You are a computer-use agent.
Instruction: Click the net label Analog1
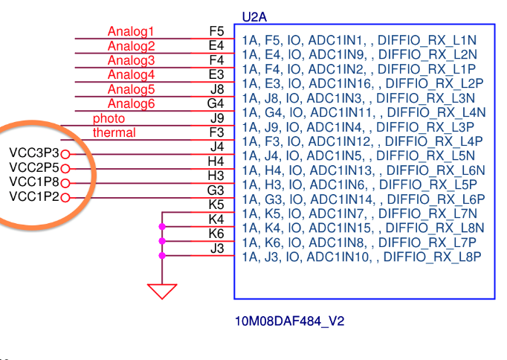click(x=131, y=31)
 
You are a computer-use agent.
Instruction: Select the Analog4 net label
click(x=131, y=74)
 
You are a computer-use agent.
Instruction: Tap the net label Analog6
click(x=131, y=103)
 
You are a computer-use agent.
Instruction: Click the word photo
click(x=109, y=118)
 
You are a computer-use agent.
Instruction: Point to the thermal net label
click(x=114, y=132)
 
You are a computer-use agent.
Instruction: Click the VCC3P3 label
click(x=34, y=153)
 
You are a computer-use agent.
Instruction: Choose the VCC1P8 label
click(x=34, y=182)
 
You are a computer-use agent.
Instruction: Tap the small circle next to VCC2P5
click(x=65, y=168)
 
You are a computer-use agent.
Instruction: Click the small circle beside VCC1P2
click(x=65, y=197)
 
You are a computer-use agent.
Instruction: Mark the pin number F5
click(x=216, y=31)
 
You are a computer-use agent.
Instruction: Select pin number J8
click(x=216, y=89)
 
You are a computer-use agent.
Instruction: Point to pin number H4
click(x=216, y=161)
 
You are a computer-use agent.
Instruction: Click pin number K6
click(x=216, y=234)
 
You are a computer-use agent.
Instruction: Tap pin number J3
click(x=216, y=248)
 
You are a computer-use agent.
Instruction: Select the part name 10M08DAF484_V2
click(x=290, y=321)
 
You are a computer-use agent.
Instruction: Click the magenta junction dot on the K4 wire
click(x=162, y=227)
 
